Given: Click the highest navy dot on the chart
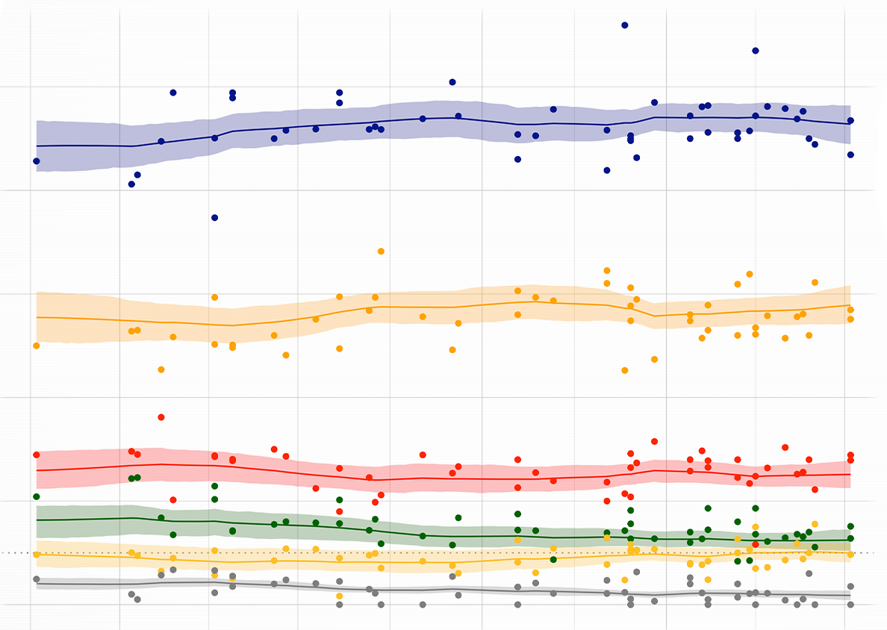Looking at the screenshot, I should pyautogui.click(x=625, y=25).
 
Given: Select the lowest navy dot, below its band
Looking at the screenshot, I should pyautogui.click(x=214, y=218).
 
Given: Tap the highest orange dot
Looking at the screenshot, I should pyautogui.click(x=381, y=252).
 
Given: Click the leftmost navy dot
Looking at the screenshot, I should pyautogui.click(x=37, y=161).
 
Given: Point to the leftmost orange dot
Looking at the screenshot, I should pyautogui.click(x=37, y=346).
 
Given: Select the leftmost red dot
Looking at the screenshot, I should pyautogui.click(x=37, y=455).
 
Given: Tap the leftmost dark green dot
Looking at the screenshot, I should pyautogui.click(x=37, y=497).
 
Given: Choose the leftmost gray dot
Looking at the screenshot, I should pyautogui.click(x=37, y=579).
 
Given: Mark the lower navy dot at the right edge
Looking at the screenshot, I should pyautogui.click(x=850, y=155).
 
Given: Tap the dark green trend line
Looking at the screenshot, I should pyautogui.click(x=299, y=525).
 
